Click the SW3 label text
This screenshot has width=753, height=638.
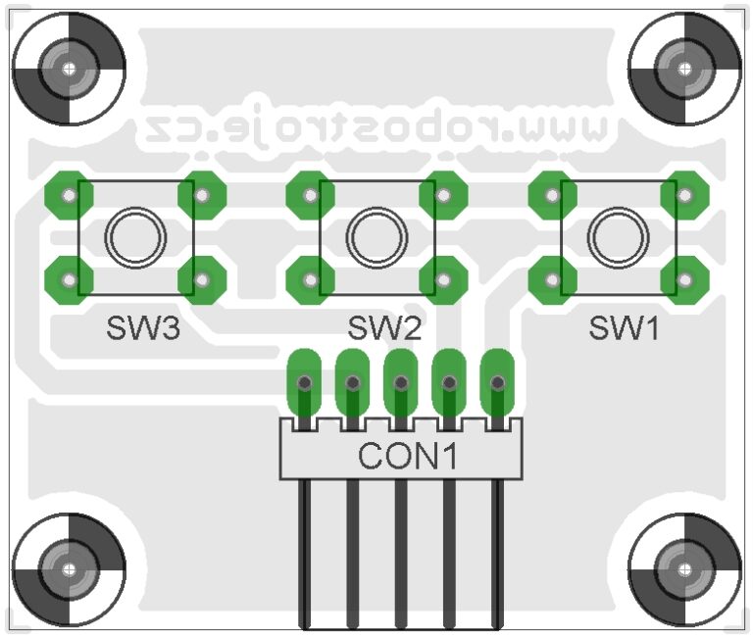[143, 328]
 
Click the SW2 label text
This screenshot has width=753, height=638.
[384, 328]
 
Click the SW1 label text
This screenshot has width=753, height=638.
[625, 328]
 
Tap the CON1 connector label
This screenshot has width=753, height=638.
[407, 457]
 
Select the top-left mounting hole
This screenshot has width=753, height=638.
[69, 69]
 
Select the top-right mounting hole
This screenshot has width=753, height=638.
[683, 69]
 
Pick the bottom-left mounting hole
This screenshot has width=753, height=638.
[69, 569]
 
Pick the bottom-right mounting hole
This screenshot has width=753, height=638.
[683, 569]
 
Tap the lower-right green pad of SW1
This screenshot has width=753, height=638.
[684, 279]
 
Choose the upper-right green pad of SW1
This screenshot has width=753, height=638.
[684, 195]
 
